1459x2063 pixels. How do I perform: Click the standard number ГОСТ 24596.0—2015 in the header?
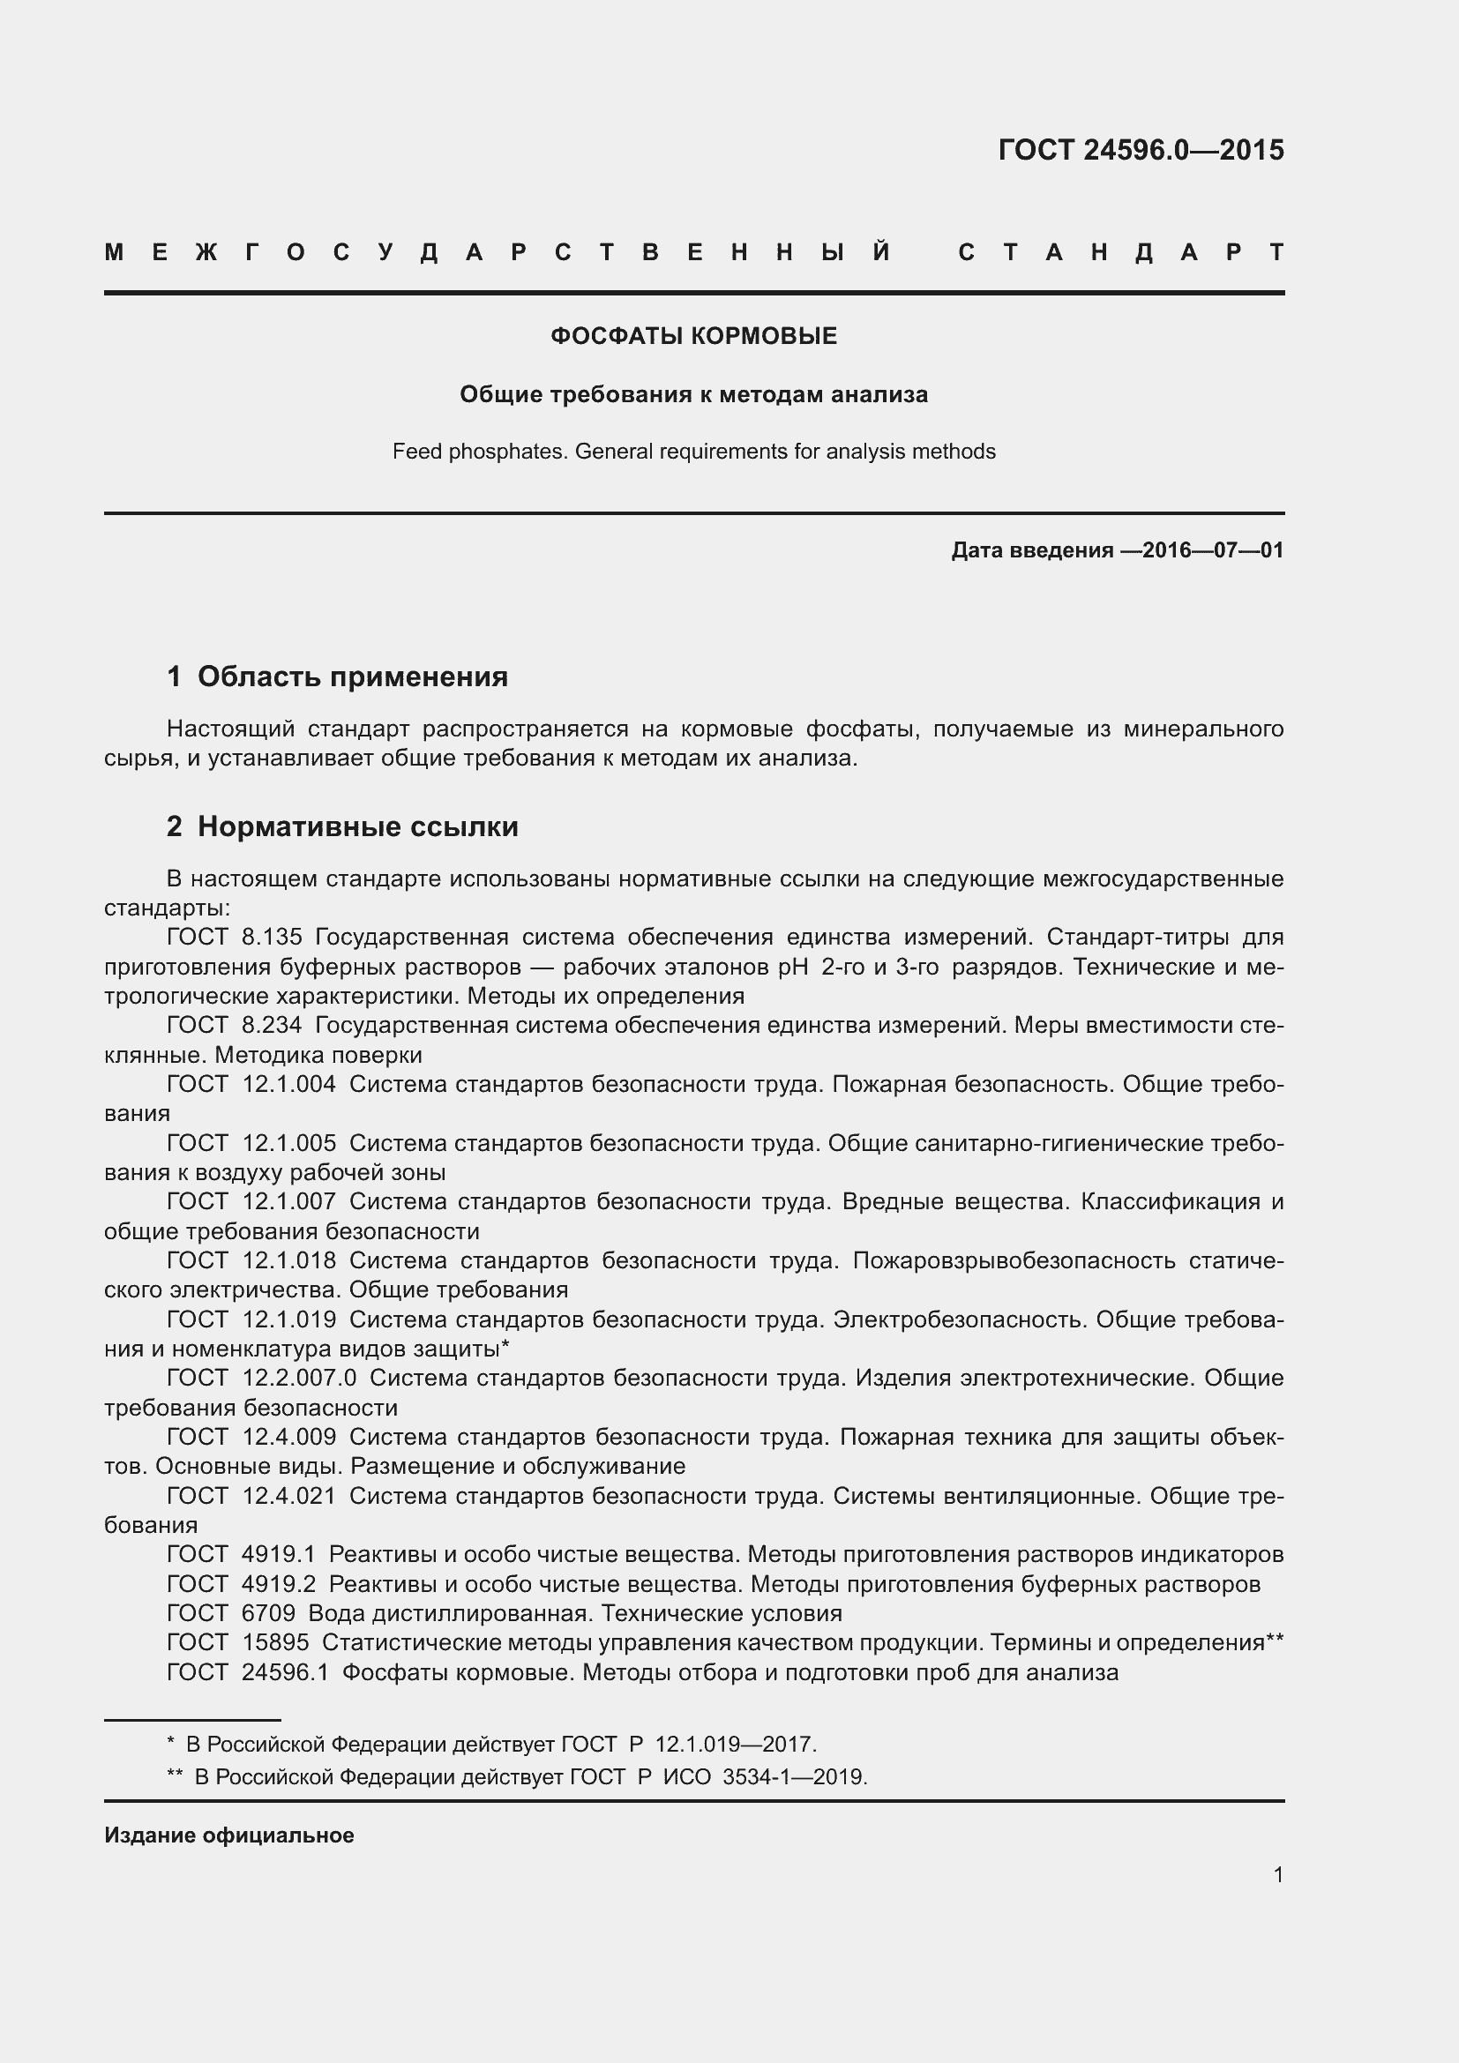[x=1140, y=150]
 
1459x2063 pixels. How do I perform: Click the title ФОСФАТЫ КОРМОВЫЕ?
[x=693, y=336]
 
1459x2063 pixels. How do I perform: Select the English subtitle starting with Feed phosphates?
[x=693, y=451]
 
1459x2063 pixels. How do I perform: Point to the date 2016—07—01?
[x=1213, y=549]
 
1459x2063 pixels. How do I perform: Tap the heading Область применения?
[x=352, y=676]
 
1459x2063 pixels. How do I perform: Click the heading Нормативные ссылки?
[x=357, y=826]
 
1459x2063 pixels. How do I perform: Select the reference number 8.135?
[x=273, y=938]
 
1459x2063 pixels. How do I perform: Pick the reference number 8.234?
[x=273, y=1025]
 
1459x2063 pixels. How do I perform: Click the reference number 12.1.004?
[x=289, y=1085]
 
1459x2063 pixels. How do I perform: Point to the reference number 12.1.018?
[x=289, y=1260]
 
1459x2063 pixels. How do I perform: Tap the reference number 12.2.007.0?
[x=299, y=1378]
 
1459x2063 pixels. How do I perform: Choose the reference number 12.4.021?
[x=289, y=1495]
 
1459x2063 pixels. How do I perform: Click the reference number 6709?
[x=269, y=1613]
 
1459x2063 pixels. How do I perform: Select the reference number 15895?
[x=275, y=1642]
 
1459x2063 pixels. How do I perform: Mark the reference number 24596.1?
[x=286, y=1672]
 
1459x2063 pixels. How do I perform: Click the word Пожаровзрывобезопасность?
[x=1014, y=1260]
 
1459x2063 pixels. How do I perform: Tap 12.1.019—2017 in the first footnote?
[x=734, y=1744]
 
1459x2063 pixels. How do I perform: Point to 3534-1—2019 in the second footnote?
[x=793, y=1776]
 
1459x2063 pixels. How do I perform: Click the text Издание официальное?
[x=229, y=1835]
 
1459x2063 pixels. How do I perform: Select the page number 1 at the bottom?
[x=1278, y=1874]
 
